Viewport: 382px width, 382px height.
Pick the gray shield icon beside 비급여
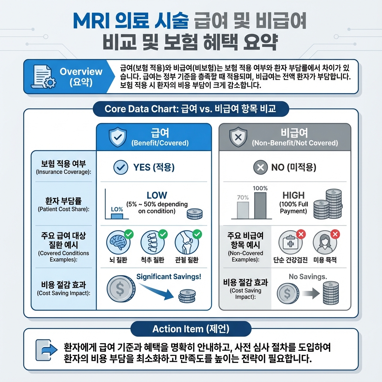click(238, 138)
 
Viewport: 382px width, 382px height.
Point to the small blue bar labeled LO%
click(117, 216)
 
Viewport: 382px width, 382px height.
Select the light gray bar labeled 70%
click(243, 210)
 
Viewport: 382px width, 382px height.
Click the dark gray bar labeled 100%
click(260, 206)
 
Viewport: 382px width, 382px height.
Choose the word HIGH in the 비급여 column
click(294, 195)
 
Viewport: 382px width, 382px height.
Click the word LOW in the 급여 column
click(157, 195)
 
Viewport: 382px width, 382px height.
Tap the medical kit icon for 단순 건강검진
click(289, 243)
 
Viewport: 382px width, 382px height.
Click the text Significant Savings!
click(169, 277)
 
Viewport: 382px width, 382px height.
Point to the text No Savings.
click(308, 277)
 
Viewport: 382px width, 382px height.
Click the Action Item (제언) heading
click(191, 329)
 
